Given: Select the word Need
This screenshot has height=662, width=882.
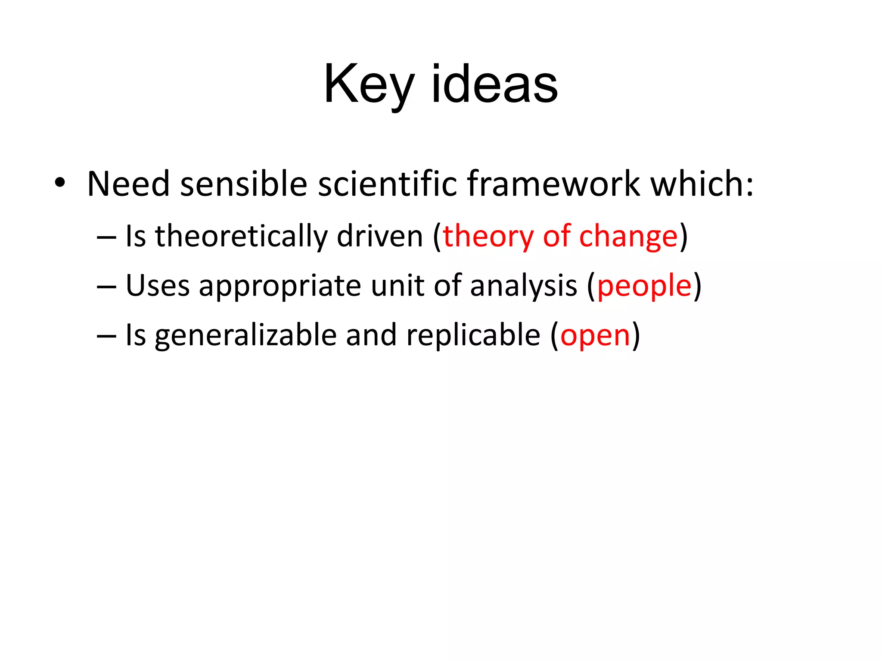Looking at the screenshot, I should tap(128, 184).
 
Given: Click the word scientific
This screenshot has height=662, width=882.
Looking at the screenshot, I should tap(387, 184).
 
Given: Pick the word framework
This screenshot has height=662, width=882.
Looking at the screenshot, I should tap(553, 184).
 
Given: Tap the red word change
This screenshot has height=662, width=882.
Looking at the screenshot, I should tap(628, 237).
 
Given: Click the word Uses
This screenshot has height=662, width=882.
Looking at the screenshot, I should tap(157, 286).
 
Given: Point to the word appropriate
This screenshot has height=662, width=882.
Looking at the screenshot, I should tap(280, 287).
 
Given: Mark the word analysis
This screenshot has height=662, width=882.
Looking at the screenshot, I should tap(523, 287).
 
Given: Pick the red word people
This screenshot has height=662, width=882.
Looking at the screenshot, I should tap(644, 287).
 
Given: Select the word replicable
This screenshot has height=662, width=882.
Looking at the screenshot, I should tap(473, 335).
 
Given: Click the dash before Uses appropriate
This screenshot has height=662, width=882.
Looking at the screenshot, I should tap(106, 287).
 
